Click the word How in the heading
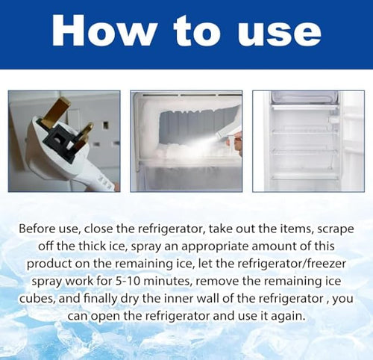pos(104,31)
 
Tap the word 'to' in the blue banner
pos(197,31)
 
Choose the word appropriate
pos(215,247)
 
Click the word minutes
pos(169,282)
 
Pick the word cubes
pos(37,299)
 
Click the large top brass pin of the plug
pos(55,111)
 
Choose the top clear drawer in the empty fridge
pos(304,96)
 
